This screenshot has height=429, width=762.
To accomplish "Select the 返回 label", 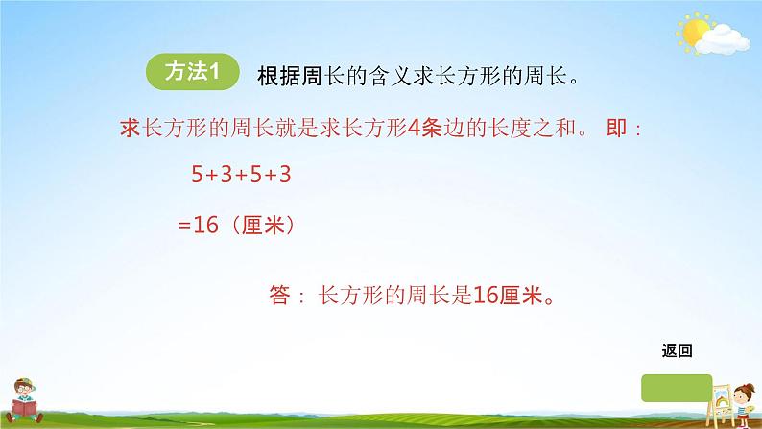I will click(x=677, y=350).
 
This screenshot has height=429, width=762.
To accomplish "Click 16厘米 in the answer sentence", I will click(x=508, y=298).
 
